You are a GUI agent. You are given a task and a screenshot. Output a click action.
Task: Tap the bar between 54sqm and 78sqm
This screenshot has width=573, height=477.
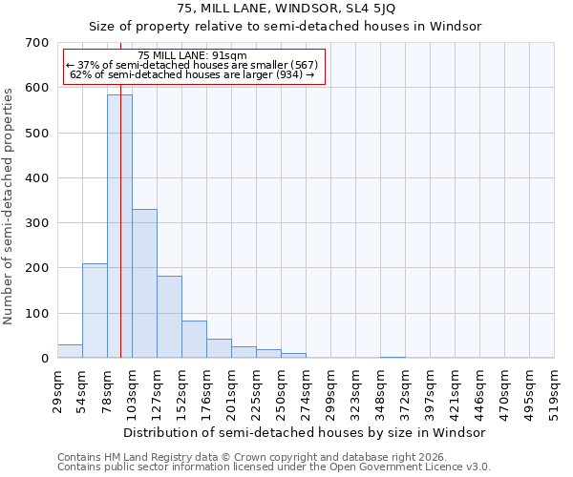click(x=95, y=311)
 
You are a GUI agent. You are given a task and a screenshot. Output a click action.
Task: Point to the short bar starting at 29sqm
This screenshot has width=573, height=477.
click(x=70, y=351)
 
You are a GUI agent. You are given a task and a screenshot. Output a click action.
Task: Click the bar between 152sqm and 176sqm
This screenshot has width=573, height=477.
click(x=194, y=340)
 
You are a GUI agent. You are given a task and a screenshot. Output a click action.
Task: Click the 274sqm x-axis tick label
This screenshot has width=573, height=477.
click(x=306, y=390)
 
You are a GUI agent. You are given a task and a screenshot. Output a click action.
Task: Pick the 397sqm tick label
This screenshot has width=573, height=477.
click(x=430, y=390)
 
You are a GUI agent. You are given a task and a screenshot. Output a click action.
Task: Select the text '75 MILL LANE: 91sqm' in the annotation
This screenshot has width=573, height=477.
click(x=192, y=55)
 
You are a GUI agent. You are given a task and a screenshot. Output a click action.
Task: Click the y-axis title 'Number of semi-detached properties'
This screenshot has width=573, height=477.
click(x=10, y=205)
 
